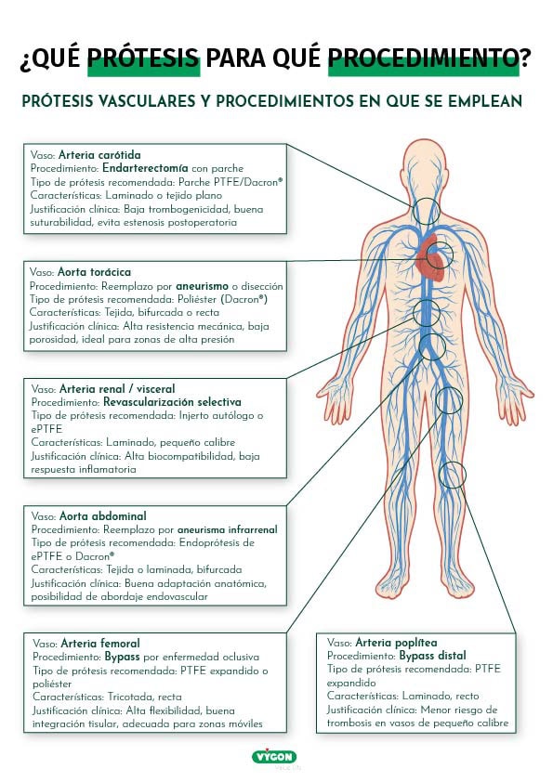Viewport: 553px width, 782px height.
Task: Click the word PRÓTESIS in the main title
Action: (x=143, y=59)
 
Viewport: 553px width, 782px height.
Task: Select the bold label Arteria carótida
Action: (x=99, y=155)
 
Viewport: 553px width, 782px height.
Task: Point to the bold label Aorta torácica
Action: (x=95, y=273)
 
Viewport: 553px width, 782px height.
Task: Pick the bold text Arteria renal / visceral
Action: (x=116, y=389)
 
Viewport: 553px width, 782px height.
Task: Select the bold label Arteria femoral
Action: (x=100, y=643)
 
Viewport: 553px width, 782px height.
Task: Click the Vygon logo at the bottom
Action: (x=276, y=757)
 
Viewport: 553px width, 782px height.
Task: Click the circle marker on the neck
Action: (x=427, y=211)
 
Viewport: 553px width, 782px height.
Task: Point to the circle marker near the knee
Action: (x=452, y=475)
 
